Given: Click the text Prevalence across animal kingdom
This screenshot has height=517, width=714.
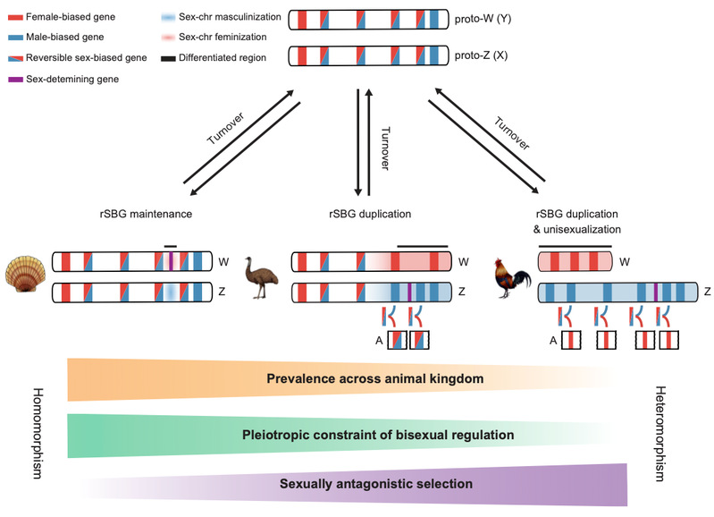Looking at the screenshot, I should (374, 379).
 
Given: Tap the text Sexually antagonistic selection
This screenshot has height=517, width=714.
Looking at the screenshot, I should (374, 484).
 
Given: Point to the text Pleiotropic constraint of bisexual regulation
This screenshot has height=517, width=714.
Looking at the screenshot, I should (378, 435).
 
